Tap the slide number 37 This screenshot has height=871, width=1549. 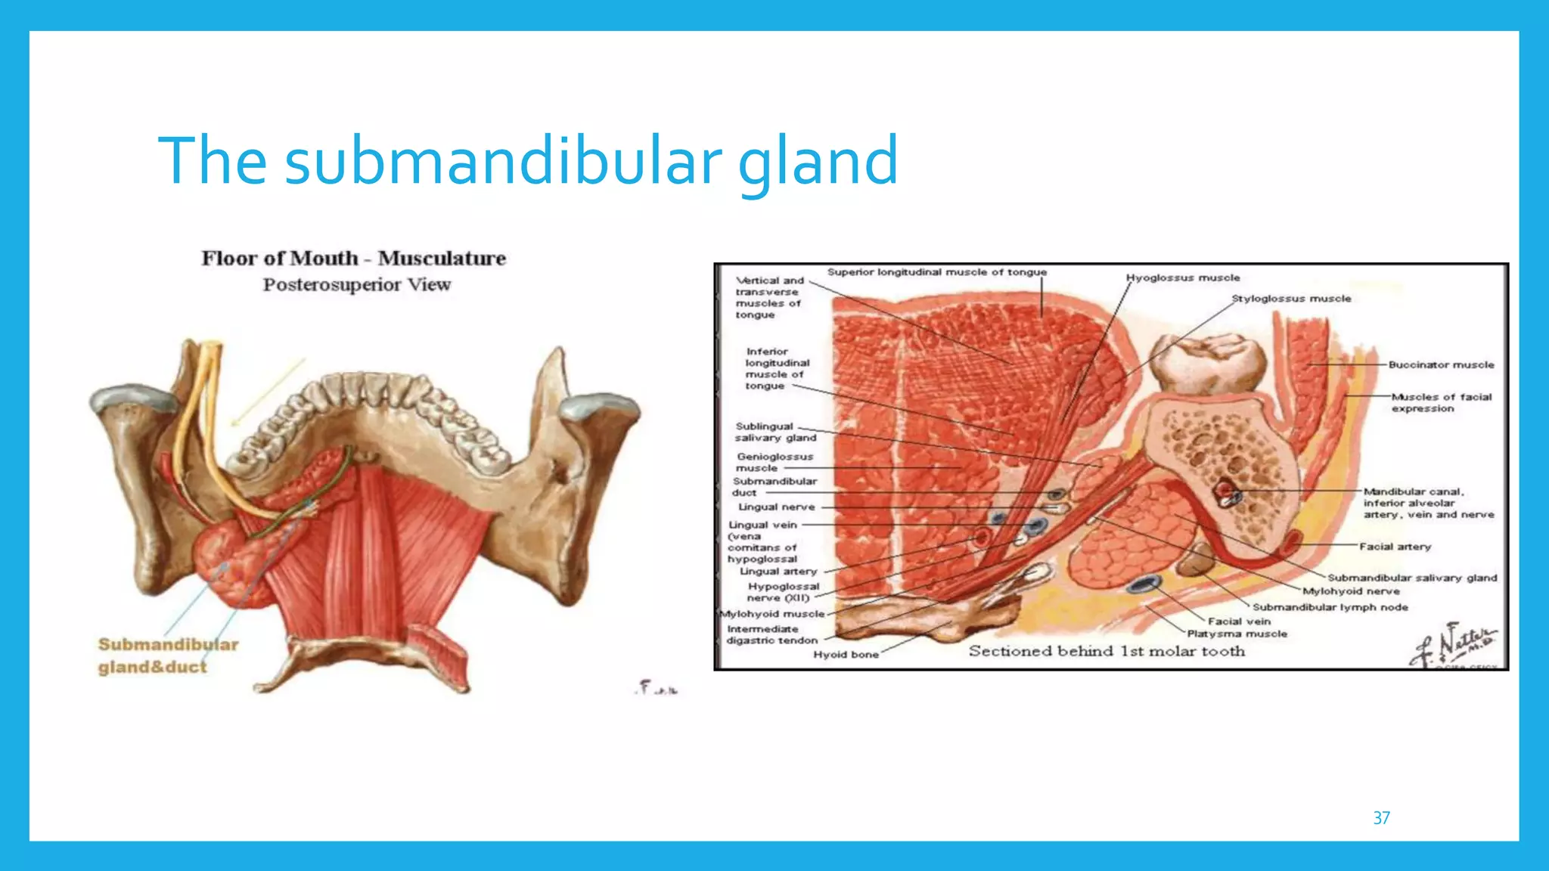(x=1381, y=818)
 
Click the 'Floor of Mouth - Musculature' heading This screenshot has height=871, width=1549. (x=353, y=259)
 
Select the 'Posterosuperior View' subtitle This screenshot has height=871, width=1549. (x=356, y=285)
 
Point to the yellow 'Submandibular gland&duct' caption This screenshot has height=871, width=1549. (x=167, y=656)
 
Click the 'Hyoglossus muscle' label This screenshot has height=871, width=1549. (x=1183, y=278)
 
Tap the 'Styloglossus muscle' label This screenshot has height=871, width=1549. (x=1291, y=299)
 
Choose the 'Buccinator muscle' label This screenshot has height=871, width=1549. (x=1441, y=365)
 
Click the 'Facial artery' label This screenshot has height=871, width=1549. (x=1395, y=547)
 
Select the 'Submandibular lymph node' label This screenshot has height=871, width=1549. (x=1330, y=607)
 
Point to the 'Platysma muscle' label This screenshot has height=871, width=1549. (x=1237, y=634)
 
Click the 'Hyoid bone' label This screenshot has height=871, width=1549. (x=846, y=655)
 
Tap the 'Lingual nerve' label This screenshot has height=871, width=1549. (x=777, y=507)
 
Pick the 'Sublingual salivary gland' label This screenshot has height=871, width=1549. (x=775, y=432)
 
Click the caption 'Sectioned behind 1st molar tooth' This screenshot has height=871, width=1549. (x=1107, y=652)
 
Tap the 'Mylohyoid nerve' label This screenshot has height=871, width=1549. (x=1351, y=592)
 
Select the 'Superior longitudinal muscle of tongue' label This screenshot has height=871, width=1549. (x=936, y=272)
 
